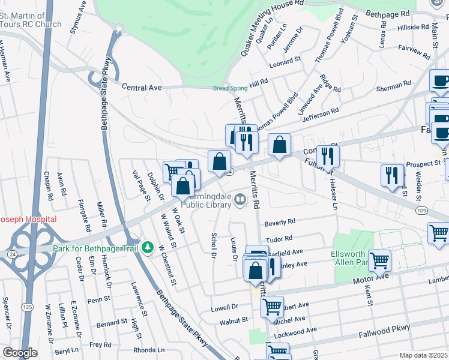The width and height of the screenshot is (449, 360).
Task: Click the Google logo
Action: [x=20, y=353]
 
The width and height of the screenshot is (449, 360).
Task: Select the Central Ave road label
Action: [x=142, y=88]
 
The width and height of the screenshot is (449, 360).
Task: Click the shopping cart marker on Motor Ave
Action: [x=380, y=261]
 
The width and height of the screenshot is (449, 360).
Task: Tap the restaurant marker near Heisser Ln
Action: [x=328, y=156]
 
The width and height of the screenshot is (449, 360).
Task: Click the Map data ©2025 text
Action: [x=424, y=355]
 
